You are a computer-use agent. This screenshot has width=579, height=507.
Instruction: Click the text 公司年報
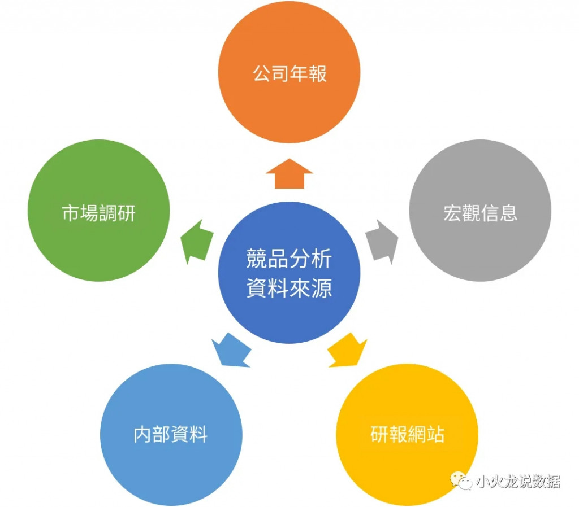tap(289, 74)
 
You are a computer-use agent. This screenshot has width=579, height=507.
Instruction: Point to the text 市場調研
tap(98, 213)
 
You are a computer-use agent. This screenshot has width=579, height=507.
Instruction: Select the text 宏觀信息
tap(480, 213)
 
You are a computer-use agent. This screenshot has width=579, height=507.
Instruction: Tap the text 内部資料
tap(171, 435)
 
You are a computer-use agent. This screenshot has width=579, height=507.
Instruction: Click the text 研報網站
tap(407, 435)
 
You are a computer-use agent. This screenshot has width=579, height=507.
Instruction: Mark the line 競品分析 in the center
tap(289, 259)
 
